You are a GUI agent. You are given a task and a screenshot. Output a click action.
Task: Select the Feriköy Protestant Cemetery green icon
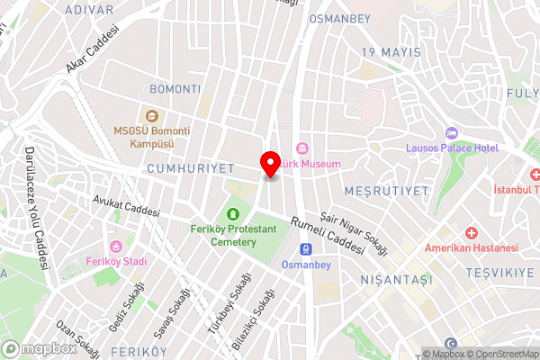pyautogui.click(x=234, y=214)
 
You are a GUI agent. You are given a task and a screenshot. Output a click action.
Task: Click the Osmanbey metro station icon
pyautogui.click(x=307, y=249)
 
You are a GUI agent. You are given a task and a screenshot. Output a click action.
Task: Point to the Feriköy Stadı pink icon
pyautogui.click(x=115, y=247)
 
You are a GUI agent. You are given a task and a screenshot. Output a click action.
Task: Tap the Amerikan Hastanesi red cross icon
pyautogui.click(x=471, y=232)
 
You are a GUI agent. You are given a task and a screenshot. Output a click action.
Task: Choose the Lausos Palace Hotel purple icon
pyautogui.click(x=454, y=133)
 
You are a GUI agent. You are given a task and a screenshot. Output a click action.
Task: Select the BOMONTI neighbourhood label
pyautogui.click(x=175, y=89)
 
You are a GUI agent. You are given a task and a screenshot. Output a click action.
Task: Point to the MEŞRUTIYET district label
pyautogui.click(x=385, y=191)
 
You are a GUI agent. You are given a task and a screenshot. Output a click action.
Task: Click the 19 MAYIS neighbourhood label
pyautogui.click(x=391, y=52)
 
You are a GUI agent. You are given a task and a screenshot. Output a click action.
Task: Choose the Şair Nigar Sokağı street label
pyautogui.click(x=358, y=231)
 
